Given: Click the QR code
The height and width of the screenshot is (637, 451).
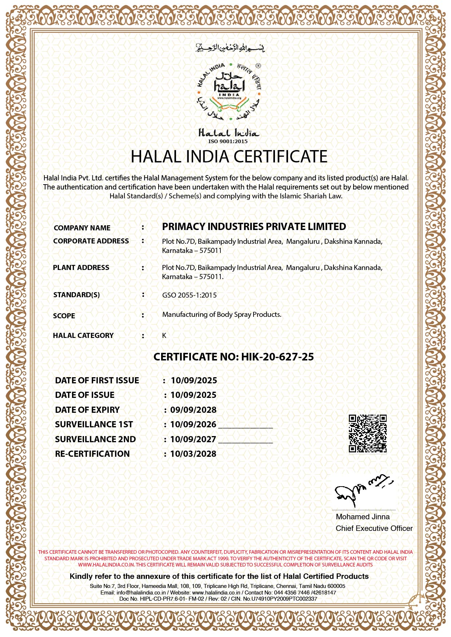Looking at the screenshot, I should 367,434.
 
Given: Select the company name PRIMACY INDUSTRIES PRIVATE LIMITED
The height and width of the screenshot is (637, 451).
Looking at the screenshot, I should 254,227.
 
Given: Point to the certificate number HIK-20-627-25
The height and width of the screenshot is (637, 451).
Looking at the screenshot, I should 277,357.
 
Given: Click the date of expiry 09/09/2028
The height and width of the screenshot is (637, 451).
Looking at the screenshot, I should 193,410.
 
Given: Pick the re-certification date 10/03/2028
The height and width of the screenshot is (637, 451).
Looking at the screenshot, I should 193,454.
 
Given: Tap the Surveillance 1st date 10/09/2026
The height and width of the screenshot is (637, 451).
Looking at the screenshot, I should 193,424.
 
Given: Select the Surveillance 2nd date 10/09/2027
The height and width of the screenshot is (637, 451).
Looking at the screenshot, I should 193,439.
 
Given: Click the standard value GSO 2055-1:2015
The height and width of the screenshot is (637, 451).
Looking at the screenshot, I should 189,295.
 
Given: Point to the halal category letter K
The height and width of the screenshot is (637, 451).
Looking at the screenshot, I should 164,335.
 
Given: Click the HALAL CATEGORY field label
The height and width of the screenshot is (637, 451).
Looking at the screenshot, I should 83,335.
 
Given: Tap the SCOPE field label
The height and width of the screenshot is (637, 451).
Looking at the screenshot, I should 64,316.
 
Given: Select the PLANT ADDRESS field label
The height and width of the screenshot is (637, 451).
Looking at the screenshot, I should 81,267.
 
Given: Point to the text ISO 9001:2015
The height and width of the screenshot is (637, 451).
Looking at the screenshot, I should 228,141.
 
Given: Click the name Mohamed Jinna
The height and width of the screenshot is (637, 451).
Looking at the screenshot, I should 363,517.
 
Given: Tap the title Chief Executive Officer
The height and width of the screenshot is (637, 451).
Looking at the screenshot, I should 374,528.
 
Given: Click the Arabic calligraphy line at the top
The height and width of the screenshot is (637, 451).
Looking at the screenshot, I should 230,48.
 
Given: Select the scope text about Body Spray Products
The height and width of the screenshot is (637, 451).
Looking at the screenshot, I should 221,314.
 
